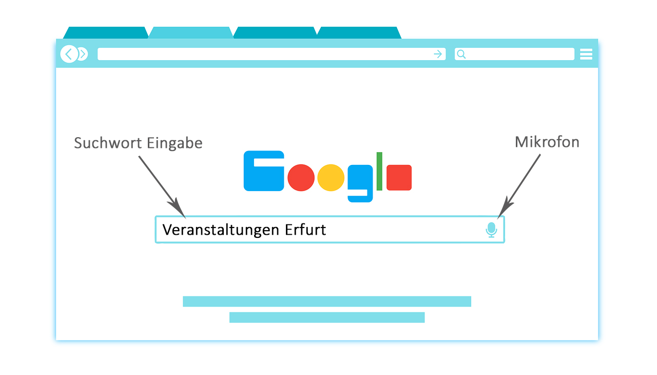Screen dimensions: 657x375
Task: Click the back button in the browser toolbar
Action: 69,54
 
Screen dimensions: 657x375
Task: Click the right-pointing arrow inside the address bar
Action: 438,54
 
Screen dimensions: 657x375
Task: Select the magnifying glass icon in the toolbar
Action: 461,54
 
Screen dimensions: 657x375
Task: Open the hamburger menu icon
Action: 586,54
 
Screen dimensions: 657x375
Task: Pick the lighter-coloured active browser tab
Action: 191,33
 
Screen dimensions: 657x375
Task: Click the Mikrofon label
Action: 547,142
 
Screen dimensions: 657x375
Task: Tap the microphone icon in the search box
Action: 491,230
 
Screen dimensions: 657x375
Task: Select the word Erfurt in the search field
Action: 305,230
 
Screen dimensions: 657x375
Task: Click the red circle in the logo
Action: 301,178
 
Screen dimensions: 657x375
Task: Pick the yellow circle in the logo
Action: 331,178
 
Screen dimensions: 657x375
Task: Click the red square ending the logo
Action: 399,178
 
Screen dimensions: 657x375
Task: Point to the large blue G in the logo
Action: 264,171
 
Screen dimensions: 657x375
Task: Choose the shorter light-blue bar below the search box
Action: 327,317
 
